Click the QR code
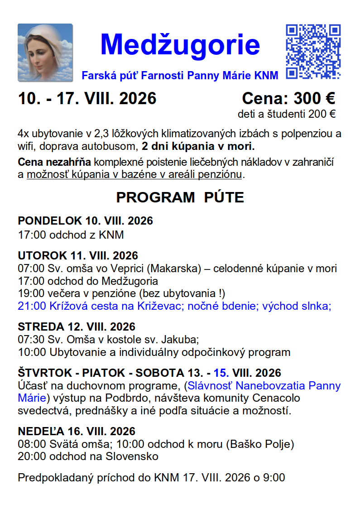click(x=313, y=52)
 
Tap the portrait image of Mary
click(x=45, y=53)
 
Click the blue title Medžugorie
click(x=180, y=44)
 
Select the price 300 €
click(x=314, y=98)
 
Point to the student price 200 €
click(x=322, y=114)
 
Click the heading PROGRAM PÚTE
click(x=180, y=197)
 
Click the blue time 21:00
click(x=32, y=306)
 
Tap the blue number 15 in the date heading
click(x=221, y=373)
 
